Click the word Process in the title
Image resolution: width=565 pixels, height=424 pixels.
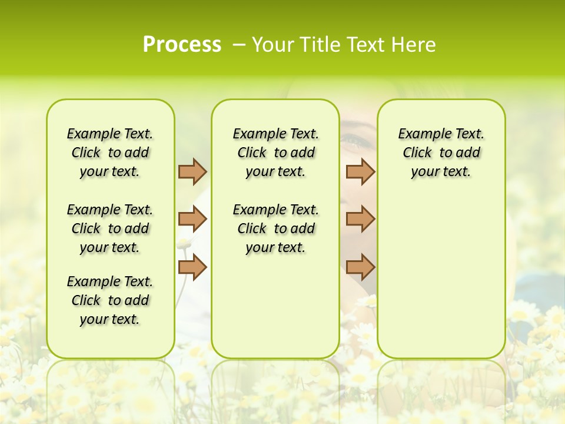coord(182,45)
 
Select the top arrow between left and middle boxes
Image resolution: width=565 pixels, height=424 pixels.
coord(192,171)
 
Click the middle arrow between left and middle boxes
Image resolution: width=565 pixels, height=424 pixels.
coord(192,219)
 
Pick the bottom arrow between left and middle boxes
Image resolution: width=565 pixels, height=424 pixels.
coord(192,267)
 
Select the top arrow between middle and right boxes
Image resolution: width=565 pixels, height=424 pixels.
coord(360,171)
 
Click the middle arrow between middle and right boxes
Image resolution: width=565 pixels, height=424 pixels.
coord(360,219)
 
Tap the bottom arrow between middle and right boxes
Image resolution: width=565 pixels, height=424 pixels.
coord(360,267)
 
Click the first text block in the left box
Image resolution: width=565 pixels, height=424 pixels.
coord(110,153)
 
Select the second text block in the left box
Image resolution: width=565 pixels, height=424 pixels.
coord(110,228)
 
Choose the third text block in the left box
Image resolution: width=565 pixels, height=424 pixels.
coord(110,300)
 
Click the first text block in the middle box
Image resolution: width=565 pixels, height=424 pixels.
coord(275,153)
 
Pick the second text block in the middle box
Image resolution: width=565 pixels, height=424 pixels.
coord(275,228)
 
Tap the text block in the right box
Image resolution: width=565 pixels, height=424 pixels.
coord(441,153)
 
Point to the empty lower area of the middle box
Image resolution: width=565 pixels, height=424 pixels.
coord(275,306)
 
